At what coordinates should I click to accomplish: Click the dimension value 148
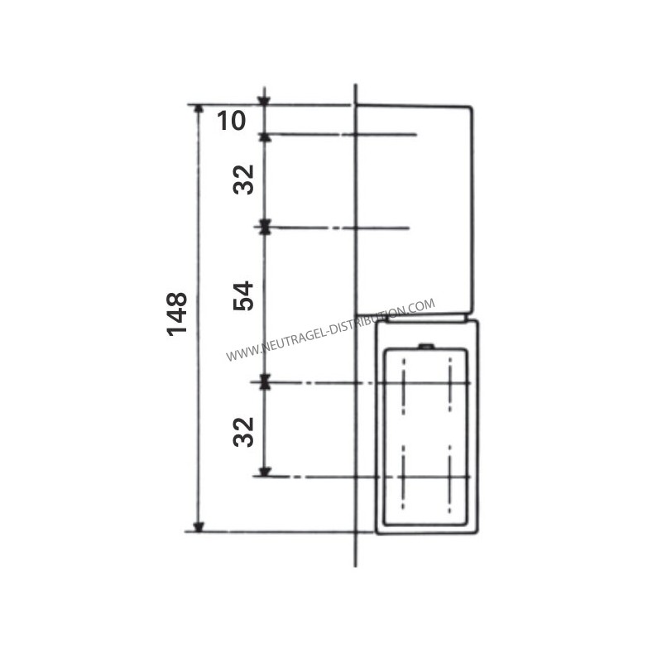[x=177, y=314]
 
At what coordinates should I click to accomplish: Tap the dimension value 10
[x=232, y=120]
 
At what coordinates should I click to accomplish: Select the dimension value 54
[x=243, y=296]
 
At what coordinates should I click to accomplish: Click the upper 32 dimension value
[x=243, y=180]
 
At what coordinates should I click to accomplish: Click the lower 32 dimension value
[x=243, y=432]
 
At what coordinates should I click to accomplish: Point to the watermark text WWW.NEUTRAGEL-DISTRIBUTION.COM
[x=330, y=330]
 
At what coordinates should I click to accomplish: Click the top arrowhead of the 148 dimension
[x=199, y=109]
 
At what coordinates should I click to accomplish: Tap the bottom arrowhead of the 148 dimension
[x=199, y=527]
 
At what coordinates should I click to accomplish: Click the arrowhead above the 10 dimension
[x=264, y=100]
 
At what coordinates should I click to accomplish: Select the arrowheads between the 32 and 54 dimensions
[x=265, y=227]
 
